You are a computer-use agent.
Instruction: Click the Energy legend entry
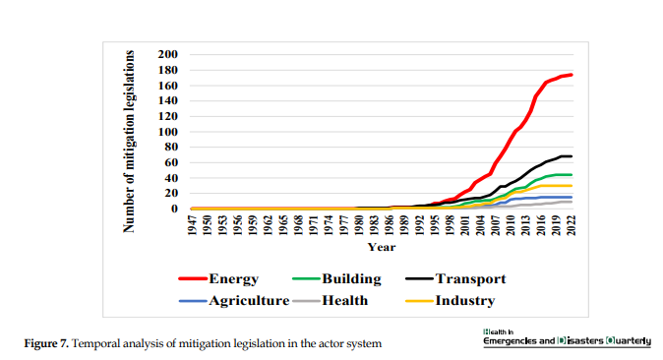pos(218,278)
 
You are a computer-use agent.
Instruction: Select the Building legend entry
pos(337,278)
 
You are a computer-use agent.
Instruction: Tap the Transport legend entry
pos(455,278)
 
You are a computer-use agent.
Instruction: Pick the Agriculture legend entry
pos(234,301)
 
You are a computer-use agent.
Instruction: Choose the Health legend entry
pos(331,301)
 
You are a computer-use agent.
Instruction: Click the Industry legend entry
pos(450,301)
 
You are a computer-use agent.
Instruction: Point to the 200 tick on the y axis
pos(168,54)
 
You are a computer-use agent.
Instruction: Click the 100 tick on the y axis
pos(168,132)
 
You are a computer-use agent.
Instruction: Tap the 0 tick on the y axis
pos(174,209)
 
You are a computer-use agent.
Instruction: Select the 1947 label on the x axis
pos(193,224)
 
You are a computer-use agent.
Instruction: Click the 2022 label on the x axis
pos(572,224)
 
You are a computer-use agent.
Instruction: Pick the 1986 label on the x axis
pos(390,224)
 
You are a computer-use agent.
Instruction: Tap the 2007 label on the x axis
pos(496,224)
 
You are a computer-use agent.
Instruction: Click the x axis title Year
pos(382,247)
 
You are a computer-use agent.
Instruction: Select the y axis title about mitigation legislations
pos(129,142)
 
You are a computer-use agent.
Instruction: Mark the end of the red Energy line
pos(572,75)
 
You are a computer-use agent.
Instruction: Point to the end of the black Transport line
pos(572,156)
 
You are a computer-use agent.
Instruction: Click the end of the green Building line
pos(572,174)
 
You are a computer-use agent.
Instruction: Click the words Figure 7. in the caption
pos(46,343)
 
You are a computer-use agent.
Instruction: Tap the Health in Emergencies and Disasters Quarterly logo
pos(567,338)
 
